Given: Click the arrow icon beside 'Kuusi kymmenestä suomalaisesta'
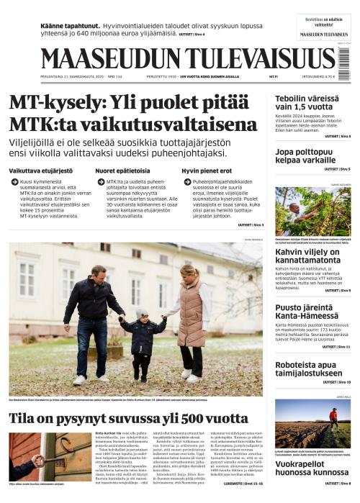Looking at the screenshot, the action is click(x=14, y=183).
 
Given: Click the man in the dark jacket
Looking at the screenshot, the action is click(x=93, y=317).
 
